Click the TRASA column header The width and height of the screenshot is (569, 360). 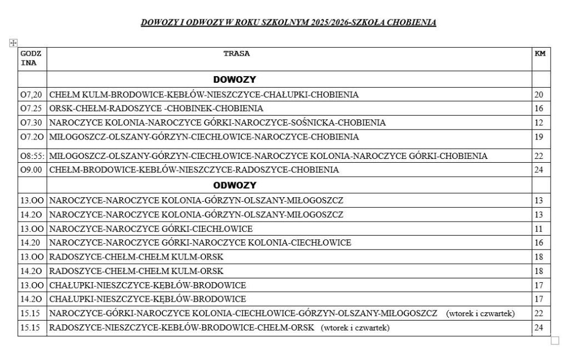(x=236, y=54)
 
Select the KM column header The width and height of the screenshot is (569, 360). (x=540, y=54)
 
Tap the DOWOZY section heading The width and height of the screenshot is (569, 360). (x=234, y=80)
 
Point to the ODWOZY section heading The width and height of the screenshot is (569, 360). (x=234, y=185)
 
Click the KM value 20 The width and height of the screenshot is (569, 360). (x=538, y=94)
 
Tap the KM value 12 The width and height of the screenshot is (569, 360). (x=538, y=122)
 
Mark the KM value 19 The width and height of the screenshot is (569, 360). (x=538, y=137)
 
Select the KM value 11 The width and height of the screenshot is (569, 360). (x=538, y=229)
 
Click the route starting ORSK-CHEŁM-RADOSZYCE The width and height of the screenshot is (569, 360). (x=156, y=108)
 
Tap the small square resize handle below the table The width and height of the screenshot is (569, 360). (x=555, y=341)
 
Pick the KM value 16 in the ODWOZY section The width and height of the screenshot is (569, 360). (x=538, y=243)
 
